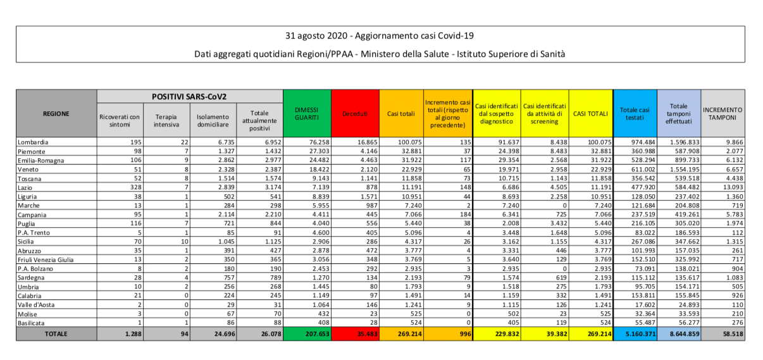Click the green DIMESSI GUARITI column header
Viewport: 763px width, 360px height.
[307, 114]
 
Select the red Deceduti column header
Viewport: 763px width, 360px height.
[354, 114]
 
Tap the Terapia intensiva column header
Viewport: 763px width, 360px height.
[166, 120]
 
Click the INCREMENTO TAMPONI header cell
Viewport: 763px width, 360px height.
[723, 114]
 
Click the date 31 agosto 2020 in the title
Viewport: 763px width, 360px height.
[316, 35]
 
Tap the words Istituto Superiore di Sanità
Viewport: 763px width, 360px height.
[512, 54]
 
